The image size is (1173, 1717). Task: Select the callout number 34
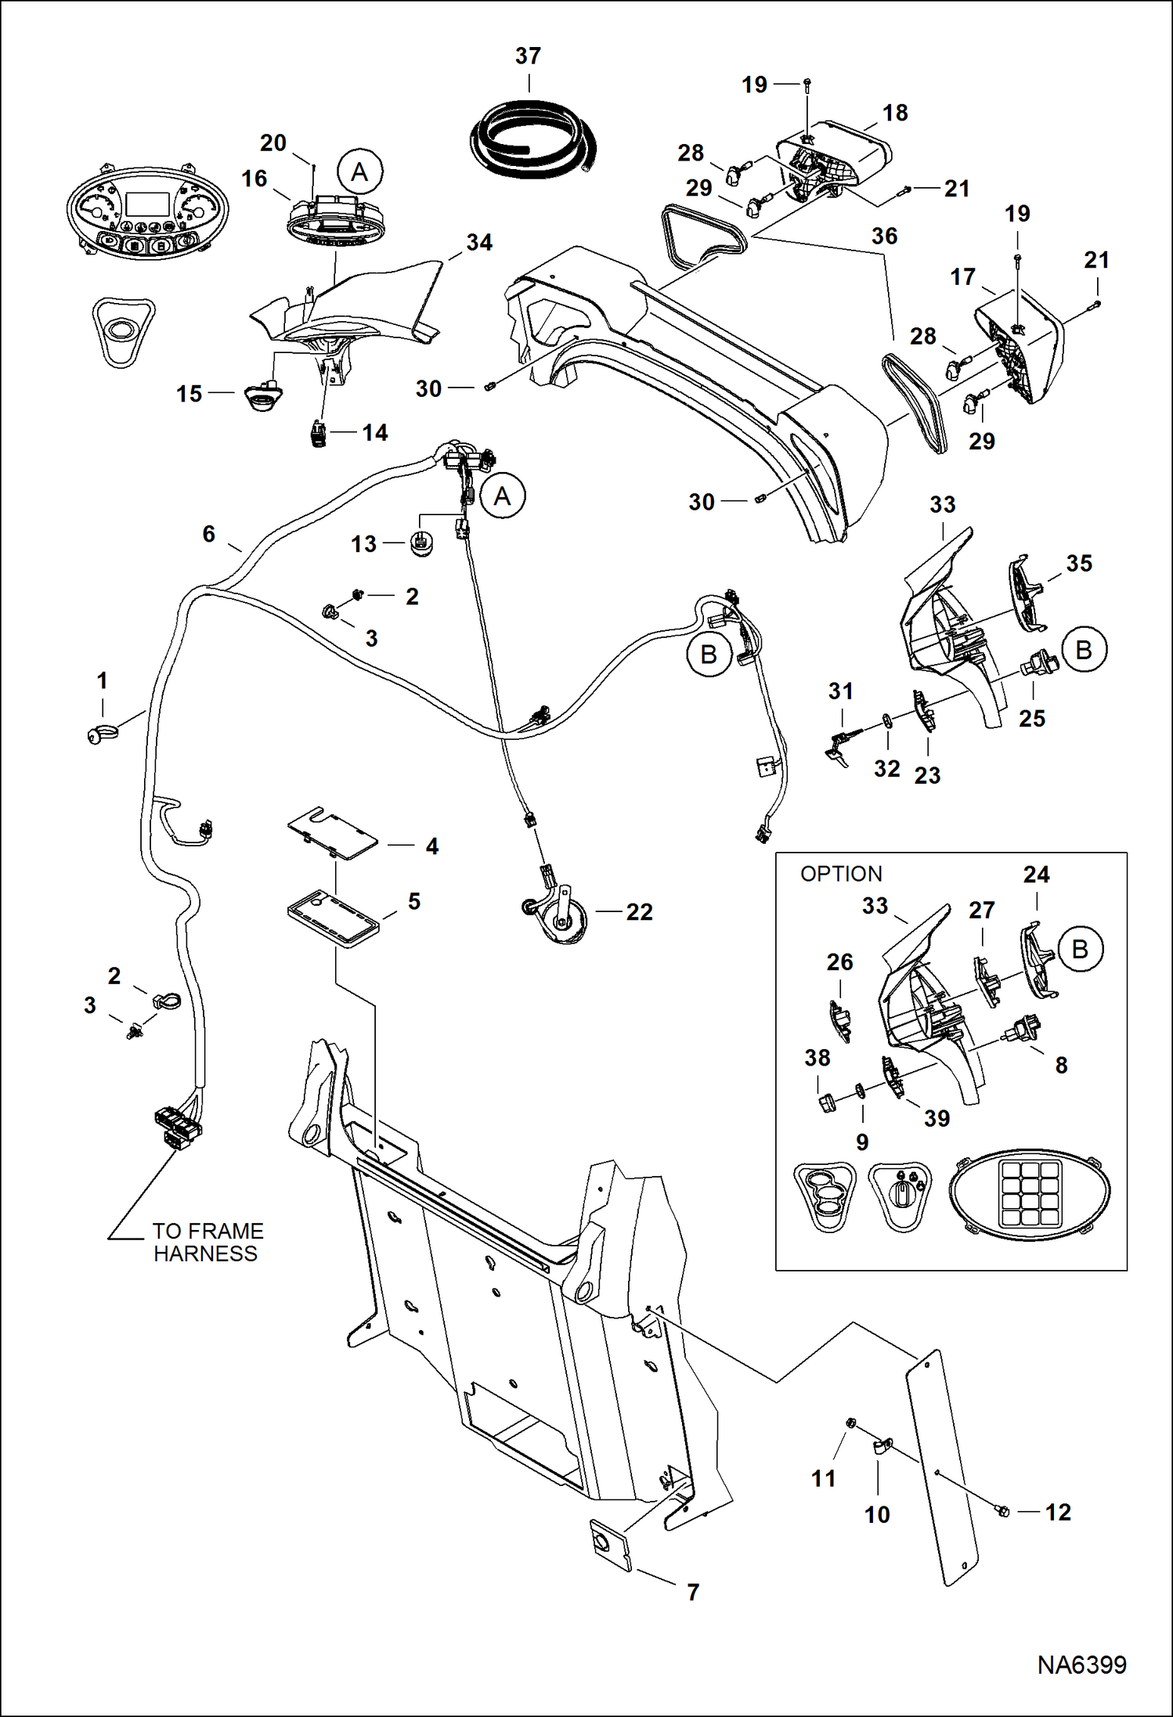point(479,243)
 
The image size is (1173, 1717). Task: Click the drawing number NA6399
point(1081,1665)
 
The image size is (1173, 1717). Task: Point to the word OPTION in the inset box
point(840,874)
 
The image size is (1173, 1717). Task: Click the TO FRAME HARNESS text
point(208,1242)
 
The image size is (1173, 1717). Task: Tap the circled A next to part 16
point(359,172)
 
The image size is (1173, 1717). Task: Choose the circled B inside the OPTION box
point(1080,949)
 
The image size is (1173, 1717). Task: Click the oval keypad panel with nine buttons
point(1029,1196)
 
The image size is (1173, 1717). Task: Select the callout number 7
point(693,1592)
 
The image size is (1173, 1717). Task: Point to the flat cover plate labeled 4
point(333,834)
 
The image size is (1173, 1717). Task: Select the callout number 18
point(895,113)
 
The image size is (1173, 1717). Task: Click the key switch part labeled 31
point(838,745)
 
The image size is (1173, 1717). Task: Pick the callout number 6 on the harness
point(208,534)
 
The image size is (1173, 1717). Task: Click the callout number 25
point(1031,718)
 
